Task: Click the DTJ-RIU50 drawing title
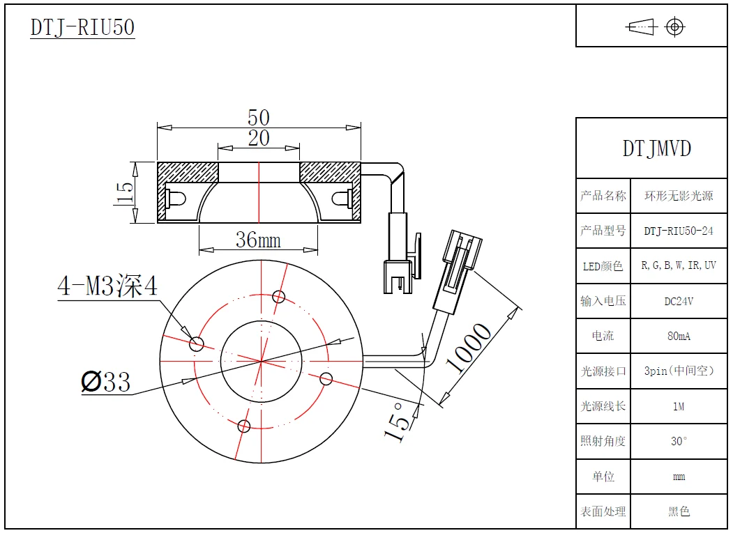tap(82, 27)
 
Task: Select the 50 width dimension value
tap(259, 117)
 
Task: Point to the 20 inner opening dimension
tap(259, 138)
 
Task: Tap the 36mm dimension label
tap(258, 240)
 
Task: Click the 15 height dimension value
tap(123, 193)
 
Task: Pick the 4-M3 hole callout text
tap(108, 286)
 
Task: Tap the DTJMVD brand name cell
tap(656, 148)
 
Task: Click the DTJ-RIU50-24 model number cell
tap(679, 231)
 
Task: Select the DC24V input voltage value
tap(679, 301)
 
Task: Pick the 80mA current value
tap(679, 336)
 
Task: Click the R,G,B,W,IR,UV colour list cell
tap(679, 265)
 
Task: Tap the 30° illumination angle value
tap(679, 441)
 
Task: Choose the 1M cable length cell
tap(679, 406)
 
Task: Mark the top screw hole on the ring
tap(279, 297)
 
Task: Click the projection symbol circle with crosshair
tap(674, 27)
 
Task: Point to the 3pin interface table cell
tap(679, 371)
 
